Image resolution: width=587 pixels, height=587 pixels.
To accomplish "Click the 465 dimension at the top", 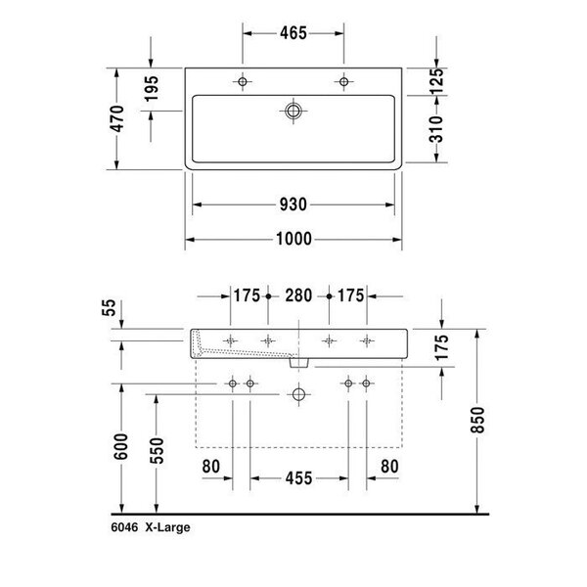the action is [x=293, y=33].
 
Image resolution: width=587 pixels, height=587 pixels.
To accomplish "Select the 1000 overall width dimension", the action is [x=293, y=239].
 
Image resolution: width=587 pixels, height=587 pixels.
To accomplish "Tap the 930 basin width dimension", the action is [x=293, y=204].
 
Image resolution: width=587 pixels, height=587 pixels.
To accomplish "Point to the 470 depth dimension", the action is [x=117, y=118].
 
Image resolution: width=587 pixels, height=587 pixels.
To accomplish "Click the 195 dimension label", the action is [x=152, y=88].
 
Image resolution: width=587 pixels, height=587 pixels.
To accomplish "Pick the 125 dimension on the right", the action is [x=436, y=81].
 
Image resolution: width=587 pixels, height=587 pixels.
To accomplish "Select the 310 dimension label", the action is [x=436, y=129].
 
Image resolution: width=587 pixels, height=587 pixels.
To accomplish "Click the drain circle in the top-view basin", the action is [x=293, y=111].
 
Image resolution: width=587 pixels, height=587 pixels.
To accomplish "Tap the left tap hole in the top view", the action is [x=243, y=81].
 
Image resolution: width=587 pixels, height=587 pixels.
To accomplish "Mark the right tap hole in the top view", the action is [x=343, y=81].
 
